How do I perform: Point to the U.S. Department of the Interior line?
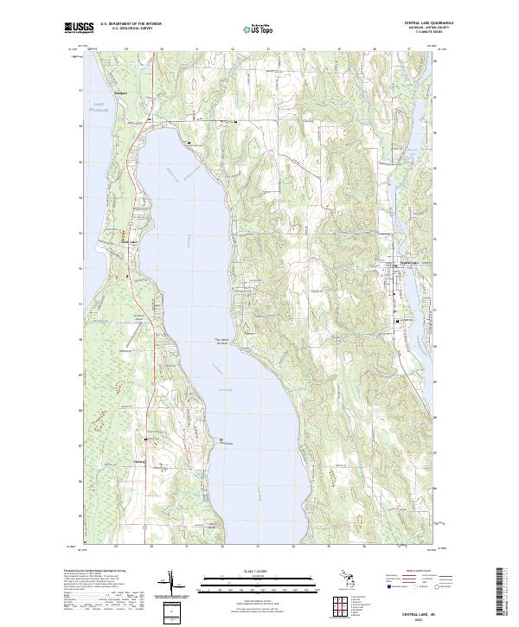tap(130, 24)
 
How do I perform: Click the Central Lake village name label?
tap(407, 263)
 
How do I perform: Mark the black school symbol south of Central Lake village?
tap(399, 321)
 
